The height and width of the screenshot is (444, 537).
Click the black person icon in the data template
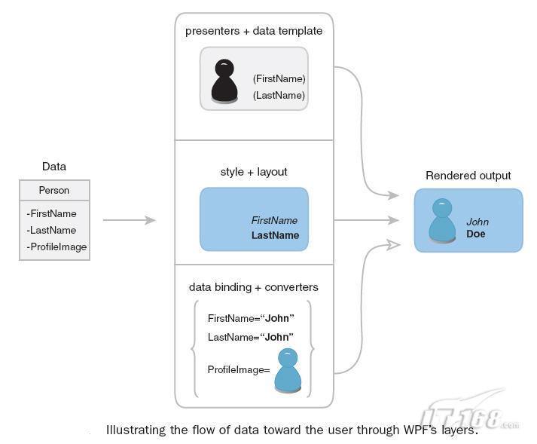[x=224, y=81]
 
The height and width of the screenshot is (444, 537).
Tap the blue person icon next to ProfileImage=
[x=288, y=369]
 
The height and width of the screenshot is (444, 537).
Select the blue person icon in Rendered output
[x=442, y=221]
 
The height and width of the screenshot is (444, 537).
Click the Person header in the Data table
[x=54, y=191]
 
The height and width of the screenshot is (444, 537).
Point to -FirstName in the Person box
[x=52, y=214]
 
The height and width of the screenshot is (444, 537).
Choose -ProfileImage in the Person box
[x=56, y=246]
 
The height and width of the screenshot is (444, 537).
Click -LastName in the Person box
[x=51, y=230]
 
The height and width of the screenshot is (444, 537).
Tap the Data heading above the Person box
[x=53, y=167]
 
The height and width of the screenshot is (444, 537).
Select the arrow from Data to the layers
[x=129, y=220]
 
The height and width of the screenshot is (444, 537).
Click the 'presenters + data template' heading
[x=254, y=31]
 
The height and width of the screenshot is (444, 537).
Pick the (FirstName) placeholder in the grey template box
[x=279, y=78]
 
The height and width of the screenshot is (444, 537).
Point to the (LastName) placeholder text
[x=279, y=95]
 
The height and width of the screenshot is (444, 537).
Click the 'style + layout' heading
[x=254, y=172]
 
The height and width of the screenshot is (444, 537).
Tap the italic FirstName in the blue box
[x=274, y=221]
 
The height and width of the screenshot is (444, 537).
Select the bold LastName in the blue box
[x=275, y=235]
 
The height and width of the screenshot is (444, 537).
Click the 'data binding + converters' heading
[x=254, y=287]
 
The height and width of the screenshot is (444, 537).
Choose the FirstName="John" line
[x=251, y=318]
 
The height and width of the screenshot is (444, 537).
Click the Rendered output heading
[x=468, y=176]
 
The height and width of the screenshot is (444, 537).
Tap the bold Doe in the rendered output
[x=476, y=234]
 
